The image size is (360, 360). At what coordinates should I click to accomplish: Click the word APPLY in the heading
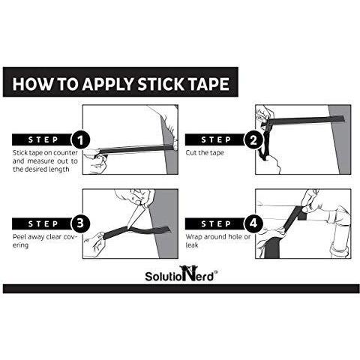pos(109,84)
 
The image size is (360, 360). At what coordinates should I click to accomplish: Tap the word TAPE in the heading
pos(208,84)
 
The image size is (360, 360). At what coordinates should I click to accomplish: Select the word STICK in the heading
pos(161,84)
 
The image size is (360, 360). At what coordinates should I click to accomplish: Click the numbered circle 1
pos(80,140)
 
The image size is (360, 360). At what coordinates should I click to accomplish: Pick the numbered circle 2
pos(253,140)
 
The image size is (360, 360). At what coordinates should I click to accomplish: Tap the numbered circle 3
pos(80,223)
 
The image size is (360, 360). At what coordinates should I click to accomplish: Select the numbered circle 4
pos(253,223)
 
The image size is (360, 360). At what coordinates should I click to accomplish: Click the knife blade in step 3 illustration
pos(133,215)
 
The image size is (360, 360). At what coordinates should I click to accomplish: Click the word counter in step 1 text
pos(66,153)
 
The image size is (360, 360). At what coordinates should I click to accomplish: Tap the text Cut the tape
pos(205,153)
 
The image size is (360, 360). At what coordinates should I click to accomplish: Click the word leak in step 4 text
pos(192,245)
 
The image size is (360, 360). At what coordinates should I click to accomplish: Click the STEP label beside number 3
pos(43,223)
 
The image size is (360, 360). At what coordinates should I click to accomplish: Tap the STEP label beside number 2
pos(216,139)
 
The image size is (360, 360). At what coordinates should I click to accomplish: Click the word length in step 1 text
pos(59,169)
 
